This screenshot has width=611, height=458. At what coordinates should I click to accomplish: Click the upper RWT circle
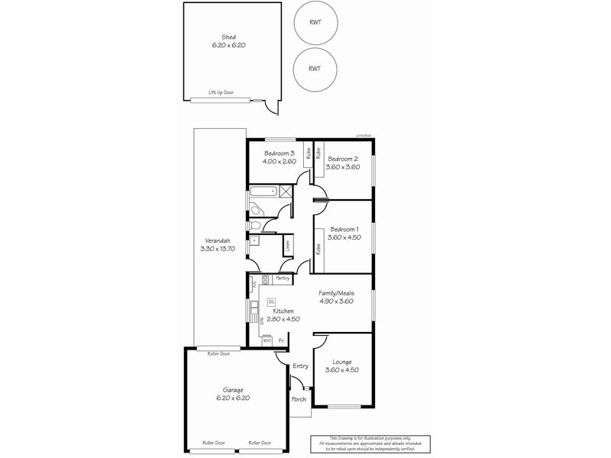[314, 23]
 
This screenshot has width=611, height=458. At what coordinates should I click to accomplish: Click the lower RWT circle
[314, 69]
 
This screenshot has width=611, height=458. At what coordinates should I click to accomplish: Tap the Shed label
[228, 37]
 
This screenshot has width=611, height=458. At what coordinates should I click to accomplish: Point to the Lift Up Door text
[221, 93]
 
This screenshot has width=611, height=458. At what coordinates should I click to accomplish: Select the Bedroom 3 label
[278, 153]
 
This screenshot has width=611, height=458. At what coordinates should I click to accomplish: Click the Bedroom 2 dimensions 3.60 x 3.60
[341, 167]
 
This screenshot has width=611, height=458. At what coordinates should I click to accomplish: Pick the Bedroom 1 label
[344, 229]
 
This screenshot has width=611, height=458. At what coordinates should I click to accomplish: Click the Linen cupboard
[287, 246]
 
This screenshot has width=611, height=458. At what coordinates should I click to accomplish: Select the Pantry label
[283, 278]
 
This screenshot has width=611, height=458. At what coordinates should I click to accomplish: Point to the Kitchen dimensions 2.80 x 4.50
[283, 320]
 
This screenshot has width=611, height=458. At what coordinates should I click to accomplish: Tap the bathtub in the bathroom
[263, 192]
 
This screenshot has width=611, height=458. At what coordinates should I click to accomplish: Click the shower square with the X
[286, 192]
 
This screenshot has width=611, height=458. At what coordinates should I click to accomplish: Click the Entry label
[300, 366]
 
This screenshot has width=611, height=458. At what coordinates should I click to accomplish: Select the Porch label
[299, 399]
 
